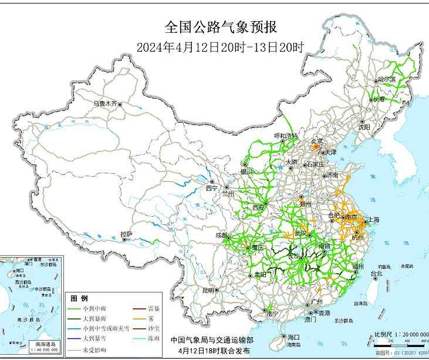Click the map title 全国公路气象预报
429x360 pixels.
pos(220,27)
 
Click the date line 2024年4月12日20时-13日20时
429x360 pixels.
pos(220,48)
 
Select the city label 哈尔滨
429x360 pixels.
pos(387,79)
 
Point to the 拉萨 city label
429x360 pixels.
pos(126,234)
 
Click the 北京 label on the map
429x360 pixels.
pos(317,141)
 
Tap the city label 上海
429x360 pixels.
pos(373,220)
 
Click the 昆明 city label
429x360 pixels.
pos(208,290)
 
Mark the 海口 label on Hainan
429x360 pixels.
pos(293,337)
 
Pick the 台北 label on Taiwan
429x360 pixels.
pos(376,274)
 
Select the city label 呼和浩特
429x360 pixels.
pos(286,136)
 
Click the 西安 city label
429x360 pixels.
pos(259,207)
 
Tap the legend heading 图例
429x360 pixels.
pos(79,298)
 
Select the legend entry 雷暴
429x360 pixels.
pos(154,308)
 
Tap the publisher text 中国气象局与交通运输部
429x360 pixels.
pos(212,340)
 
